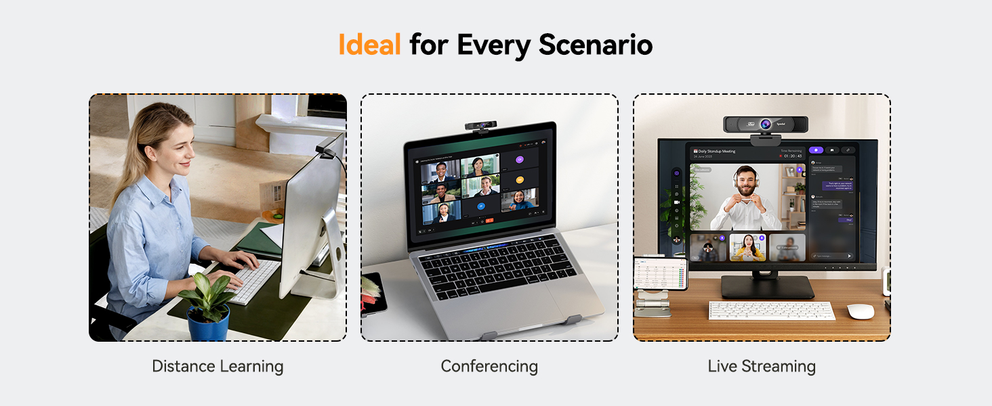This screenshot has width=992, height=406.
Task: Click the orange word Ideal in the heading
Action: tap(369, 45)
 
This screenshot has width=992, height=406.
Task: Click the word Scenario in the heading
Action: tap(596, 45)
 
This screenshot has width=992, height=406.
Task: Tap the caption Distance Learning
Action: tap(218, 367)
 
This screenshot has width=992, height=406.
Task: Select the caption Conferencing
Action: tap(489, 367)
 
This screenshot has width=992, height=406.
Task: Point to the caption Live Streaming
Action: tap(762, 367)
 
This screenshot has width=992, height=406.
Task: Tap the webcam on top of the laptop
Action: tap(481, 127)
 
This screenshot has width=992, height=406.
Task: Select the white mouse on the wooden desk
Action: tap(861, 311)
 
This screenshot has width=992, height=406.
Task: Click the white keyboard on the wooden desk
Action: tap(772, 311)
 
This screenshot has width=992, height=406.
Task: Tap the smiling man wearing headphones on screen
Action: tap(745, 197)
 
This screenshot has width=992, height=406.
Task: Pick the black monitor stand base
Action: tap(767, 287)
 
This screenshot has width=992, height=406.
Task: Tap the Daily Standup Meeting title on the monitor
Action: tap(718, 152)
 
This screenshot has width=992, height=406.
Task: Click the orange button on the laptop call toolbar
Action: tap(489, 221)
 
